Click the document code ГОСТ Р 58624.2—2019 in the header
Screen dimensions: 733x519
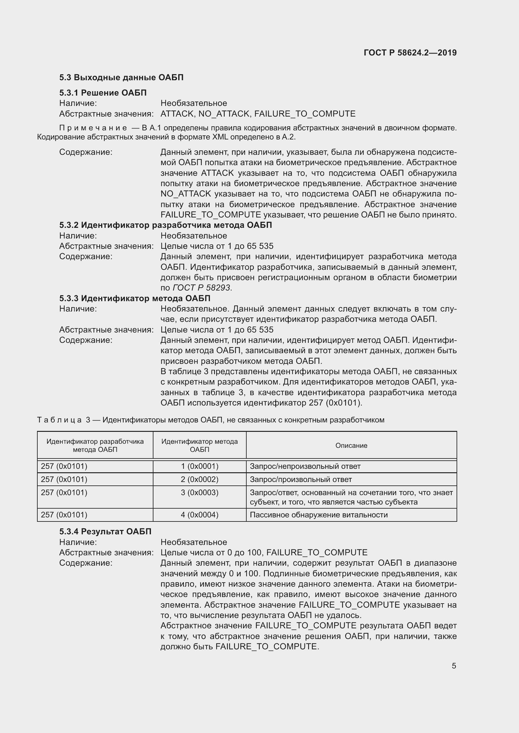point(410,53)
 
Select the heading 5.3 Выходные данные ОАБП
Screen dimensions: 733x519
point(121,78)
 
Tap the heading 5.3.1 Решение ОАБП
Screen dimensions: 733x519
point(103,93)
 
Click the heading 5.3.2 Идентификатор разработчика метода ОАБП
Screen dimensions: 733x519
point(165,225)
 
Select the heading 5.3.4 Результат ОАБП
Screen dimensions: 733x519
point(105,531)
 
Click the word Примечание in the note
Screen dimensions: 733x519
point(93,128)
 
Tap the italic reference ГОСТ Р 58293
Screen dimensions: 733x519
point(201,288)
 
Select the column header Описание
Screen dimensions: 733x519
point(351,445)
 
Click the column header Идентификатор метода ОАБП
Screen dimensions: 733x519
point(200,445)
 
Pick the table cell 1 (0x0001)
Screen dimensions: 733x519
point(200,466)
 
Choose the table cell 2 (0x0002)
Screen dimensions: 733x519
point(200,479)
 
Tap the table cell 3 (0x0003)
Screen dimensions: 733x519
point(200,492)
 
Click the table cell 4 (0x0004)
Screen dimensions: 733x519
point(200,515)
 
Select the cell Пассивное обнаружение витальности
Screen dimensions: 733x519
point(318,515)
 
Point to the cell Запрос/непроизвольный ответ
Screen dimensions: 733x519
point(305,466)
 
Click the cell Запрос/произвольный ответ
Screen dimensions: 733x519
point(300,479)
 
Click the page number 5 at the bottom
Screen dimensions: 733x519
point(453,666)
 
